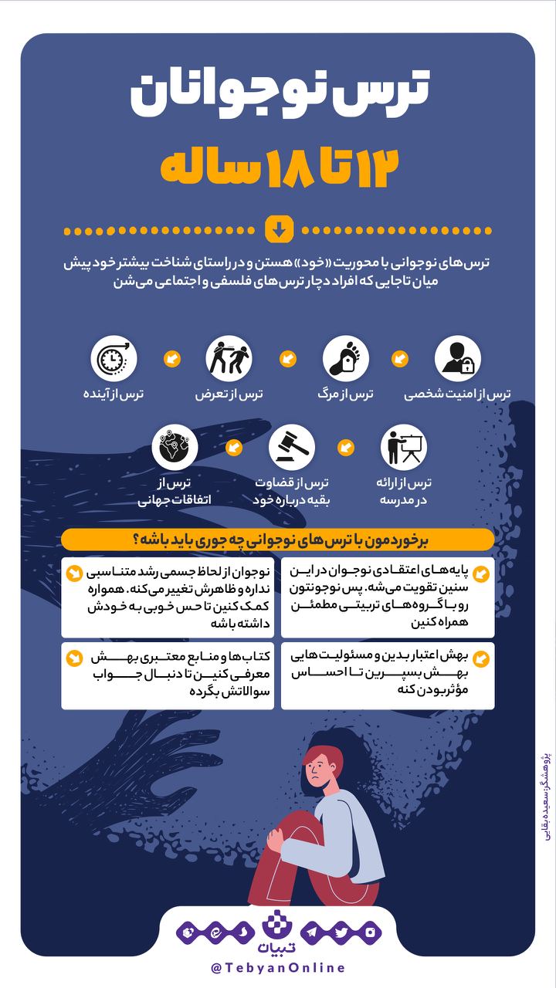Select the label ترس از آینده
[x=114, y=394]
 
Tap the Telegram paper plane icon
[x=310, y=932]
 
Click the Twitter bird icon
[x=341, y=932]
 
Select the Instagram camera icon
[x=370, y=932]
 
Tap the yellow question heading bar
[x=278, y=540]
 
